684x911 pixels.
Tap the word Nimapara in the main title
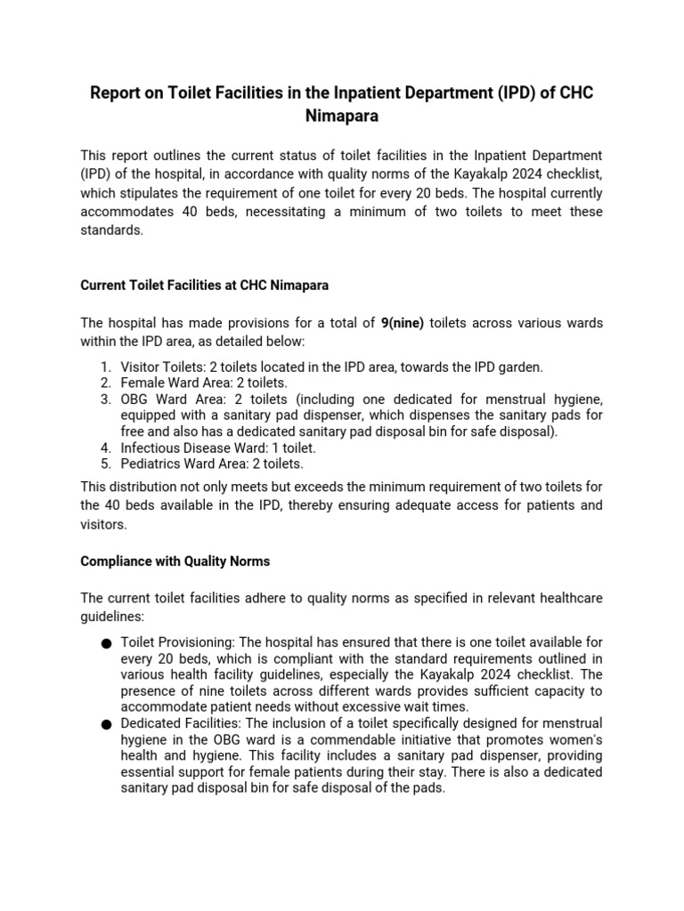coord(341,116)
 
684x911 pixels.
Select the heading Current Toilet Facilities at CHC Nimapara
coord(206,286)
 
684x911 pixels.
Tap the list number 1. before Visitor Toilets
coord(105,367)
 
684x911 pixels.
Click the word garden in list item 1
coord(517,367)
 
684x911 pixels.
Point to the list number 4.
coord(105,447)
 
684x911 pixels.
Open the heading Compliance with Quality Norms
coord(175,561)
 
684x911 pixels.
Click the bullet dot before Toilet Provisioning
coord(106,642)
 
